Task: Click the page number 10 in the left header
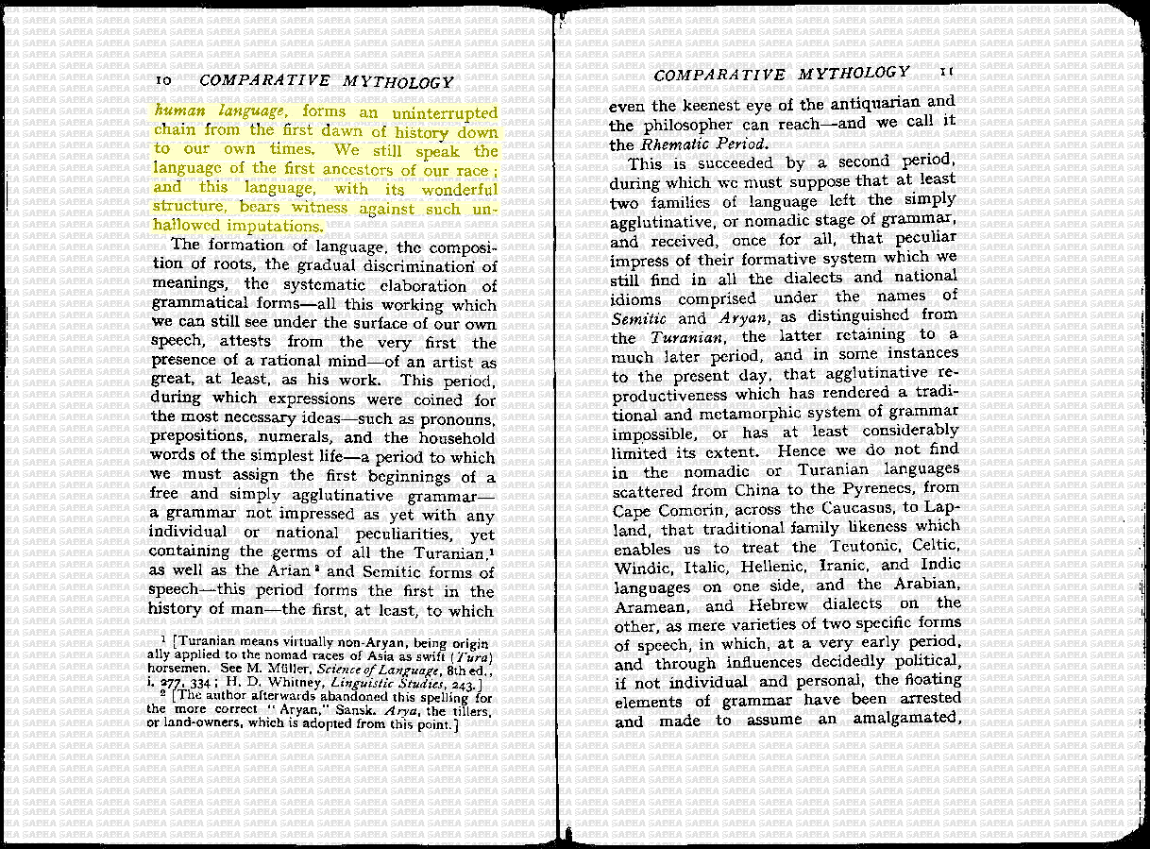(162, 82)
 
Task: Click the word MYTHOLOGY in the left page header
(398, 82)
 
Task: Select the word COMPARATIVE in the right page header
(719, 75)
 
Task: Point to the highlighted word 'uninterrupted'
(445, 113)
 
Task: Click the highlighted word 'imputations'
(274, 227)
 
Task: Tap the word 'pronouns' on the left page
(460, 418)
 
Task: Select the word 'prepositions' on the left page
(196, 437)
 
